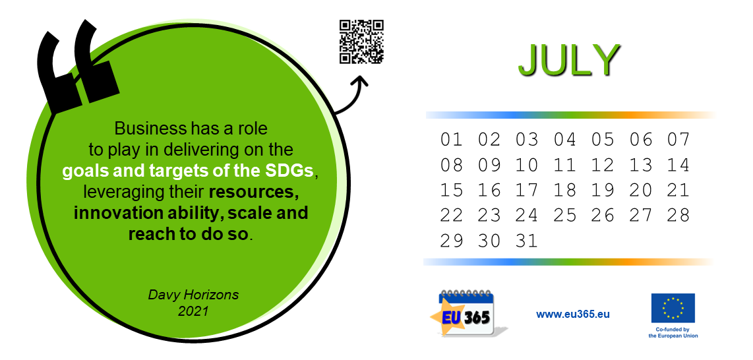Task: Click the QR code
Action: pos(361,42)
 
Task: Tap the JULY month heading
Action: pos(569,60)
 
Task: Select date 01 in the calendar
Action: pos(452,140)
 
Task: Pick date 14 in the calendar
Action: pos(678,165)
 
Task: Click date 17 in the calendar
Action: pos(527,190)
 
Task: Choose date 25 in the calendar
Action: pos(564,215)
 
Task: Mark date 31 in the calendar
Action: pos(527,240)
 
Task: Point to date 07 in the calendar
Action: pos(678,140)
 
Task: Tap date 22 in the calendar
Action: pos(452,215)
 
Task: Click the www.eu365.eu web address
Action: pos(573,315)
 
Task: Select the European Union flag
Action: pos(673,308)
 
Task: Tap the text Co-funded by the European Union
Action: pos(673,333)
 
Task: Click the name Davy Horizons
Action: pos(193,295)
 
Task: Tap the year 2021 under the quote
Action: pos(193,311)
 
